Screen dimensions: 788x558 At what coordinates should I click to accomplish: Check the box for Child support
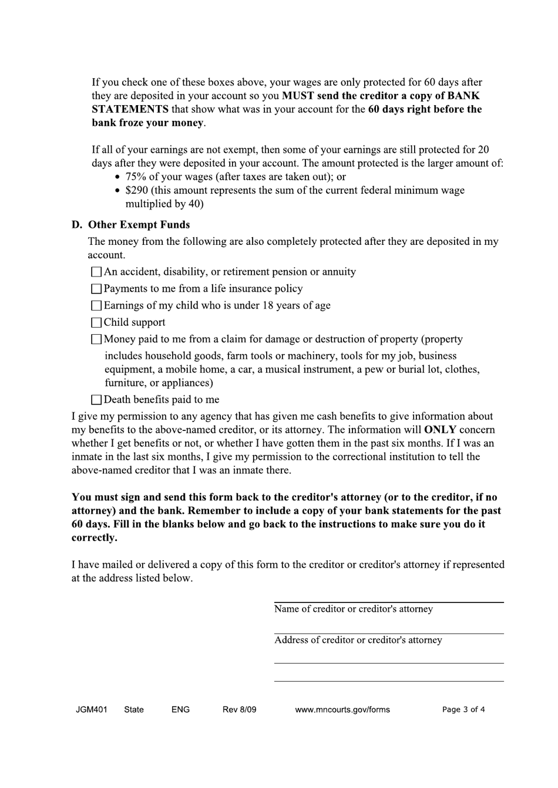tap(96, 322)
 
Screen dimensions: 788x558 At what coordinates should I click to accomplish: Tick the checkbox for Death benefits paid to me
tap(96, 400)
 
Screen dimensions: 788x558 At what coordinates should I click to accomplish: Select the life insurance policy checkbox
tap(96, 289)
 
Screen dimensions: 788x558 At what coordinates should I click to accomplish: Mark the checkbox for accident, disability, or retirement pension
tap(96, 272)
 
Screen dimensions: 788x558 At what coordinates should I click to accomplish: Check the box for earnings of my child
tap(96, 306)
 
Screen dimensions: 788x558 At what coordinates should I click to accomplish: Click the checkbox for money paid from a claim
tap(96, 339)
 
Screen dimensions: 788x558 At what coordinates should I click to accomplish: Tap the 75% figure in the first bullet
tap(136, 177)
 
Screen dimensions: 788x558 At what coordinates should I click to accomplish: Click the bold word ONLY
tap(440, 430)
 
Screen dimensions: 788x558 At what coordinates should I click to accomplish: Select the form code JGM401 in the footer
tap(92, 709)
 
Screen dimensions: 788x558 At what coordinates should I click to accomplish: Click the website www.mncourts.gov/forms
tap(342, 709)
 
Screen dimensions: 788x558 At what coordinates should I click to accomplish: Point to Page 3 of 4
tap(463, 709)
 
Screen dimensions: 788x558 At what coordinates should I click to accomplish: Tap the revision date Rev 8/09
tap(239, 709)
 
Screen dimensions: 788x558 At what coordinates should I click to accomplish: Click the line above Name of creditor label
tap(388, 602)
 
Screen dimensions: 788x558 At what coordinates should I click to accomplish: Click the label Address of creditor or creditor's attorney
tap(358, 640)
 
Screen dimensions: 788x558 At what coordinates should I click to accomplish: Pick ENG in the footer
tap(180, 709)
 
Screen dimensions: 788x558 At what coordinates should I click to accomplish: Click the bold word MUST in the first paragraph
tap(298, 96)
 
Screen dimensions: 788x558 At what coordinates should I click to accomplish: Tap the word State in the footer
tap(134, 709)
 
